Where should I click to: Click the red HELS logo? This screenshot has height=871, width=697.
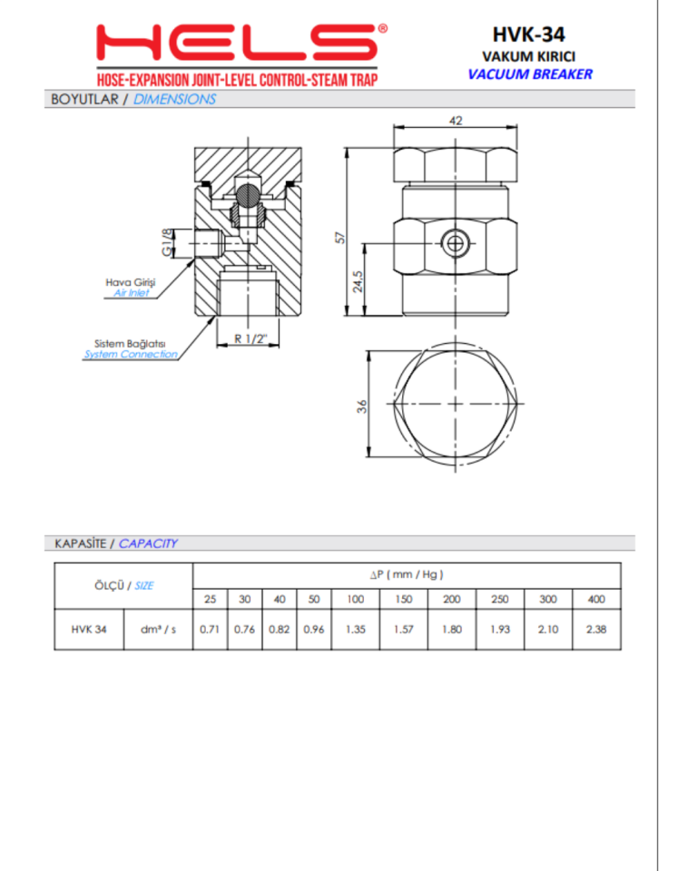pos(244,42)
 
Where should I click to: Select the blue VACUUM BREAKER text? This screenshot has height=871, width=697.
pos(529,74)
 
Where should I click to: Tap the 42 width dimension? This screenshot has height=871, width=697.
pos(456,120)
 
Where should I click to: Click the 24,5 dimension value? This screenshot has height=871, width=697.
pos(358,281)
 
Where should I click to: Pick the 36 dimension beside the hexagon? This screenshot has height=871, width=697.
pos(360,406)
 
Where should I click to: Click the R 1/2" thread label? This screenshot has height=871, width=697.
pos(249,338)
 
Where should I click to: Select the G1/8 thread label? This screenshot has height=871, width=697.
pos(165,243)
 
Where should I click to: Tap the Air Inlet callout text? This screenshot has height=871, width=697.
pos(132,293)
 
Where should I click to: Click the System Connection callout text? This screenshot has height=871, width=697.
pos(131,354)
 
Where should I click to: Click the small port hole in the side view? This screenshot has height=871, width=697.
pos(456,242)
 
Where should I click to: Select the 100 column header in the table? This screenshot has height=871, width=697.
pos(355,600)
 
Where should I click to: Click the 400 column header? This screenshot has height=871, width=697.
pos(595,600)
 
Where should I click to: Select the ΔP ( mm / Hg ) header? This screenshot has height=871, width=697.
pos(406,574)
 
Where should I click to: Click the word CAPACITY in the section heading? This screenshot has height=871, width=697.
pos(148,543)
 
